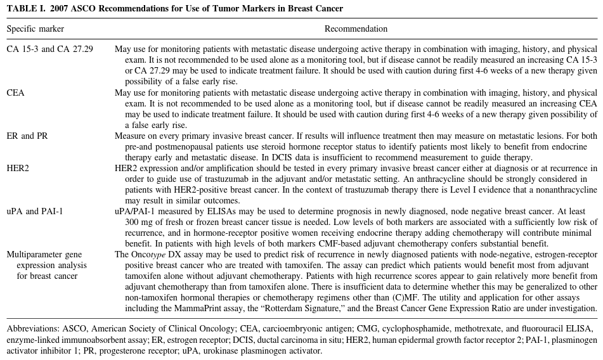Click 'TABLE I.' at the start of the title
pyautogui.click(x=24, y=8)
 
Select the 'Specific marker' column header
pyautogui.click(x=35, y=29)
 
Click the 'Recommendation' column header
pyautogui.click(x=356, y=29)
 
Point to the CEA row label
pyautogui.click(x=16, y=93)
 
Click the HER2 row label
pyautogui.click(x=18, y=168)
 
